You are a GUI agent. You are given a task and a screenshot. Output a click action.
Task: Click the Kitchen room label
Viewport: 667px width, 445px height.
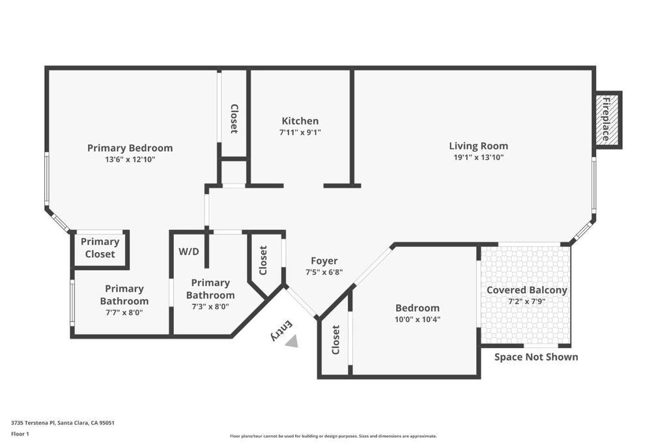300,121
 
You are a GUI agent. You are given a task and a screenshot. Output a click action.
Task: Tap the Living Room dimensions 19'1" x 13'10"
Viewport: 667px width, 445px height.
479,158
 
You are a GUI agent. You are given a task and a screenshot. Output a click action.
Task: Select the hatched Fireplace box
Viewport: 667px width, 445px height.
607,119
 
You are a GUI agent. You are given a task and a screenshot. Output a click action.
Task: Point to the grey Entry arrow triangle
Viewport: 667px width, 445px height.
292,341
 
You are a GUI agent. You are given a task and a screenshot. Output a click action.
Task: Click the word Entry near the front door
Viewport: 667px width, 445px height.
281,330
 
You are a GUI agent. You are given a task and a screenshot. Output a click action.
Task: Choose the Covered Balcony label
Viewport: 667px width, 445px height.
526,290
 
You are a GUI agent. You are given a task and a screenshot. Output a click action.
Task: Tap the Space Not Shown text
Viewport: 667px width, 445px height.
536,357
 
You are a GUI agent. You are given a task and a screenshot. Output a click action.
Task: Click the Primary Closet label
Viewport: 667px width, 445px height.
100,248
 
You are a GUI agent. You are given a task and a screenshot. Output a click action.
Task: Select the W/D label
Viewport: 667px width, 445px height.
188,251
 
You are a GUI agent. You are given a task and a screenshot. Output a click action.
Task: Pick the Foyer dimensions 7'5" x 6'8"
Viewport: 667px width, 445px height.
324,272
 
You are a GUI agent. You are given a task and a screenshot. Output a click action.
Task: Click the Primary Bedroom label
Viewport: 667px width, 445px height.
130,148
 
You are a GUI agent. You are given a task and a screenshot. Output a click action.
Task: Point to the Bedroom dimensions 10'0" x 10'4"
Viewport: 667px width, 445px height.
418,319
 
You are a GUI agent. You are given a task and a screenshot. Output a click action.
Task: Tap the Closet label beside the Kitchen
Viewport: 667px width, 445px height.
234,119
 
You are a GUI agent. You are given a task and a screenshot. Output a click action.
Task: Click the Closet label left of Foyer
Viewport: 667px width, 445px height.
263,261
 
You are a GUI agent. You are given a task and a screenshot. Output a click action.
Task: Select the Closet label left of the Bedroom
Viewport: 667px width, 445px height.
335,339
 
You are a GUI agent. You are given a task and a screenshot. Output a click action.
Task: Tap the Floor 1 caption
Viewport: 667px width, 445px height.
20,434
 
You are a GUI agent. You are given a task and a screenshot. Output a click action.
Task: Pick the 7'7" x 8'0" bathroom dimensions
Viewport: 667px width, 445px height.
124,313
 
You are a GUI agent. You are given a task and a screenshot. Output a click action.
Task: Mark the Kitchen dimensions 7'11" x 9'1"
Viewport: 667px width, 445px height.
300,132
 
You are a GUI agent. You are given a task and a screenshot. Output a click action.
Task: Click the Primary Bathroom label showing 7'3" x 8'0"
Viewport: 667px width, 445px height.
210,289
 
